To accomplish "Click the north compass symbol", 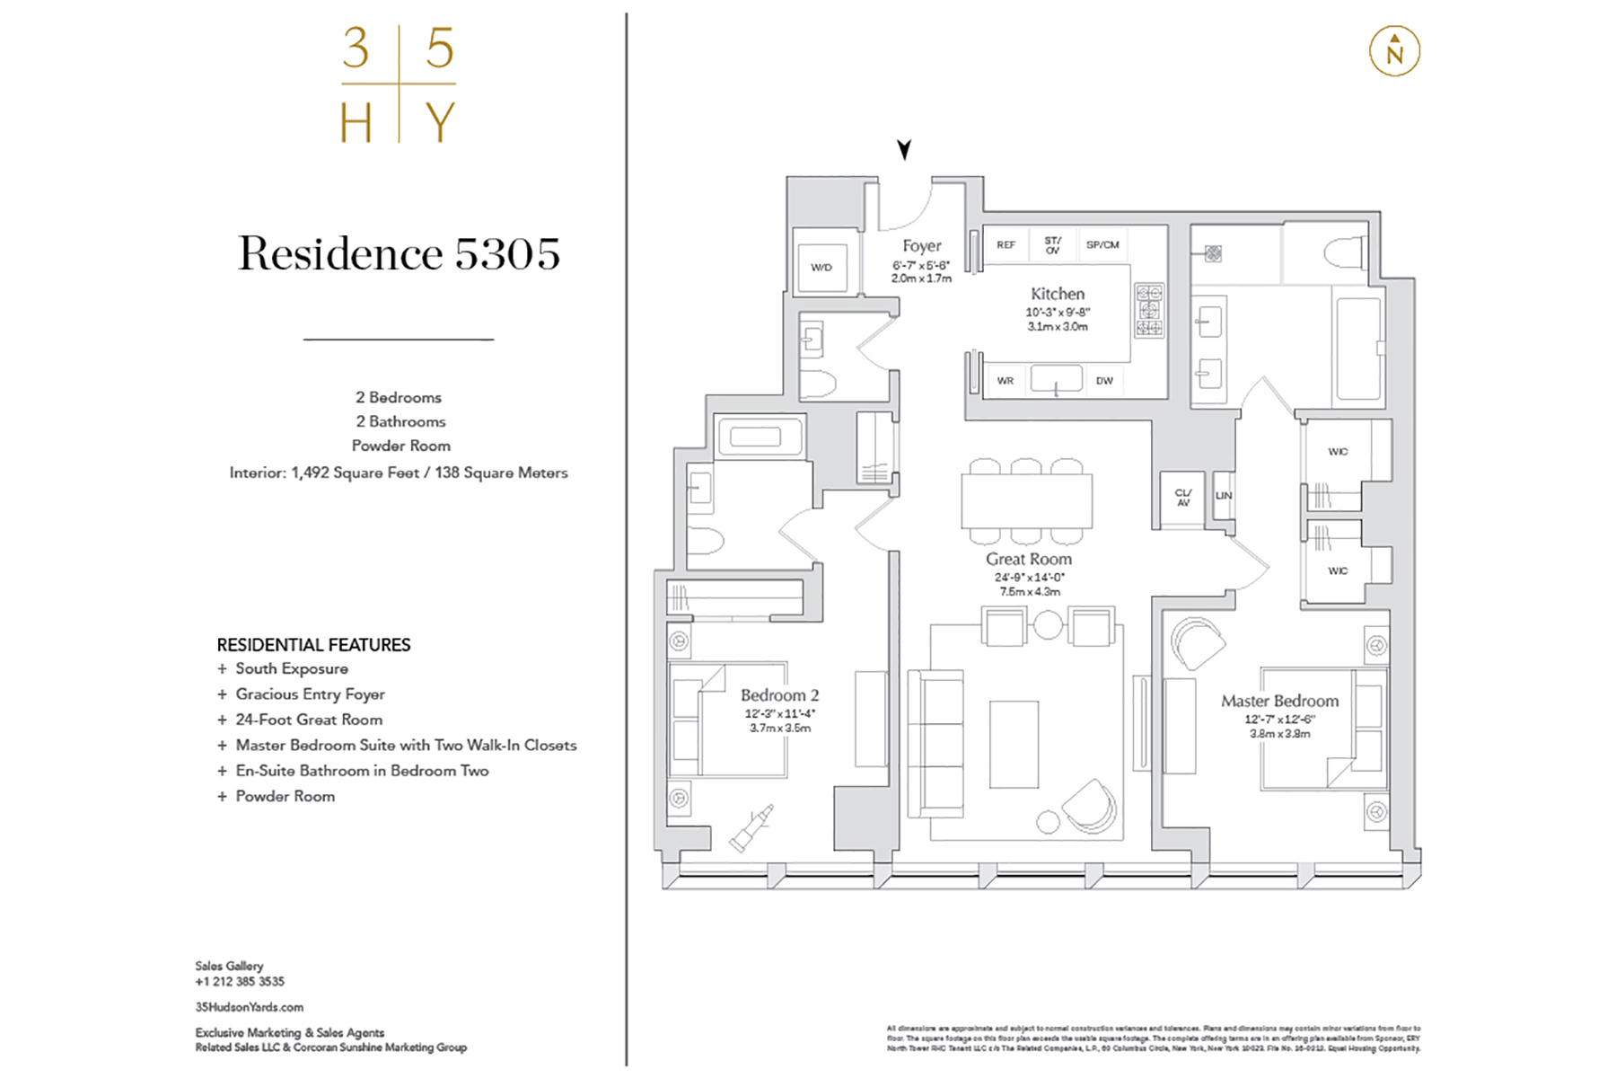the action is [1393, 51].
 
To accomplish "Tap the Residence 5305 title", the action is [399, 254].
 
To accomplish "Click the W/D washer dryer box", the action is [821, 268].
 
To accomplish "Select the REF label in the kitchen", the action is [1006, 244].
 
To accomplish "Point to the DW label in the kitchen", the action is [1104, 381].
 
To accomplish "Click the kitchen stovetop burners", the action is [1149, 310].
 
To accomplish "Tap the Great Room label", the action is [1029, 559].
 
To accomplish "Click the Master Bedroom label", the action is [1279, 701].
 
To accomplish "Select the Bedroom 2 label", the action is [779, 695].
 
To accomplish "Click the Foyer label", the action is [922, 245].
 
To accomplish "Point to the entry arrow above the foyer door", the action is [904, 149].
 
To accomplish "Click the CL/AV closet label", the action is [1183, 498].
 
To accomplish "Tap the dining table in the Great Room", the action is [1026, 501].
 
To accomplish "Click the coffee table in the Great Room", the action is [1014, 745].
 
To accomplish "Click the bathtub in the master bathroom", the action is [1357, 349].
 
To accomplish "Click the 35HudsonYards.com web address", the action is [250, 1007].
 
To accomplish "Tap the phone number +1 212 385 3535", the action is [240, 982].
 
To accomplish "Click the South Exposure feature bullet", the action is [291, 668].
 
